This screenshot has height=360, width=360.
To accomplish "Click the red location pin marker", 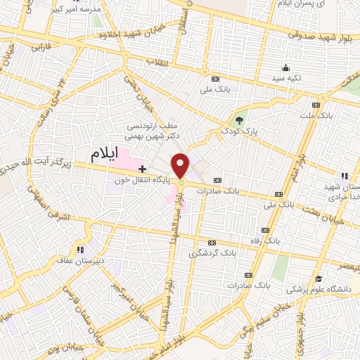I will coord(181,166).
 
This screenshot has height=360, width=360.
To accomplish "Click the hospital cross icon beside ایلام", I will coord(142,169).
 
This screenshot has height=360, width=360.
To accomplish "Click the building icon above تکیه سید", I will coord(285,68).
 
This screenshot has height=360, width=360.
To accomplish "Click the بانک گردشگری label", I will coord(214,252).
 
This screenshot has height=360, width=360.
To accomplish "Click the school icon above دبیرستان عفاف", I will coord(80,248).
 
